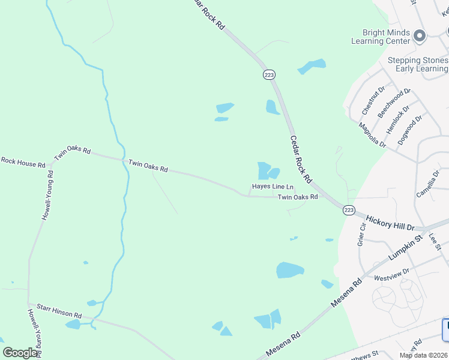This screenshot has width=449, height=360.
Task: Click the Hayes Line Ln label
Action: coord(273,187)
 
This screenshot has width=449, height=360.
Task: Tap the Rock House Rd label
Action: coord(23,162)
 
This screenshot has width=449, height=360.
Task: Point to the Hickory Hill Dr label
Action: coord(390,223)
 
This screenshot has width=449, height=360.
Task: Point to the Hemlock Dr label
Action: coord(397,122)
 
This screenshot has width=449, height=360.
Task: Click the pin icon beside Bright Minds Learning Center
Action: coord(420,37)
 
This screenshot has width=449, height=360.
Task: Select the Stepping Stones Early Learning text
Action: coord(418,65)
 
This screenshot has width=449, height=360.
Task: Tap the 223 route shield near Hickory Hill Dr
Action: coord(349,210)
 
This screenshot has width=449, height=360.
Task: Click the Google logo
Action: coord(20,353)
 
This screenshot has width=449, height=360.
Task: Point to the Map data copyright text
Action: coord(423,355)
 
